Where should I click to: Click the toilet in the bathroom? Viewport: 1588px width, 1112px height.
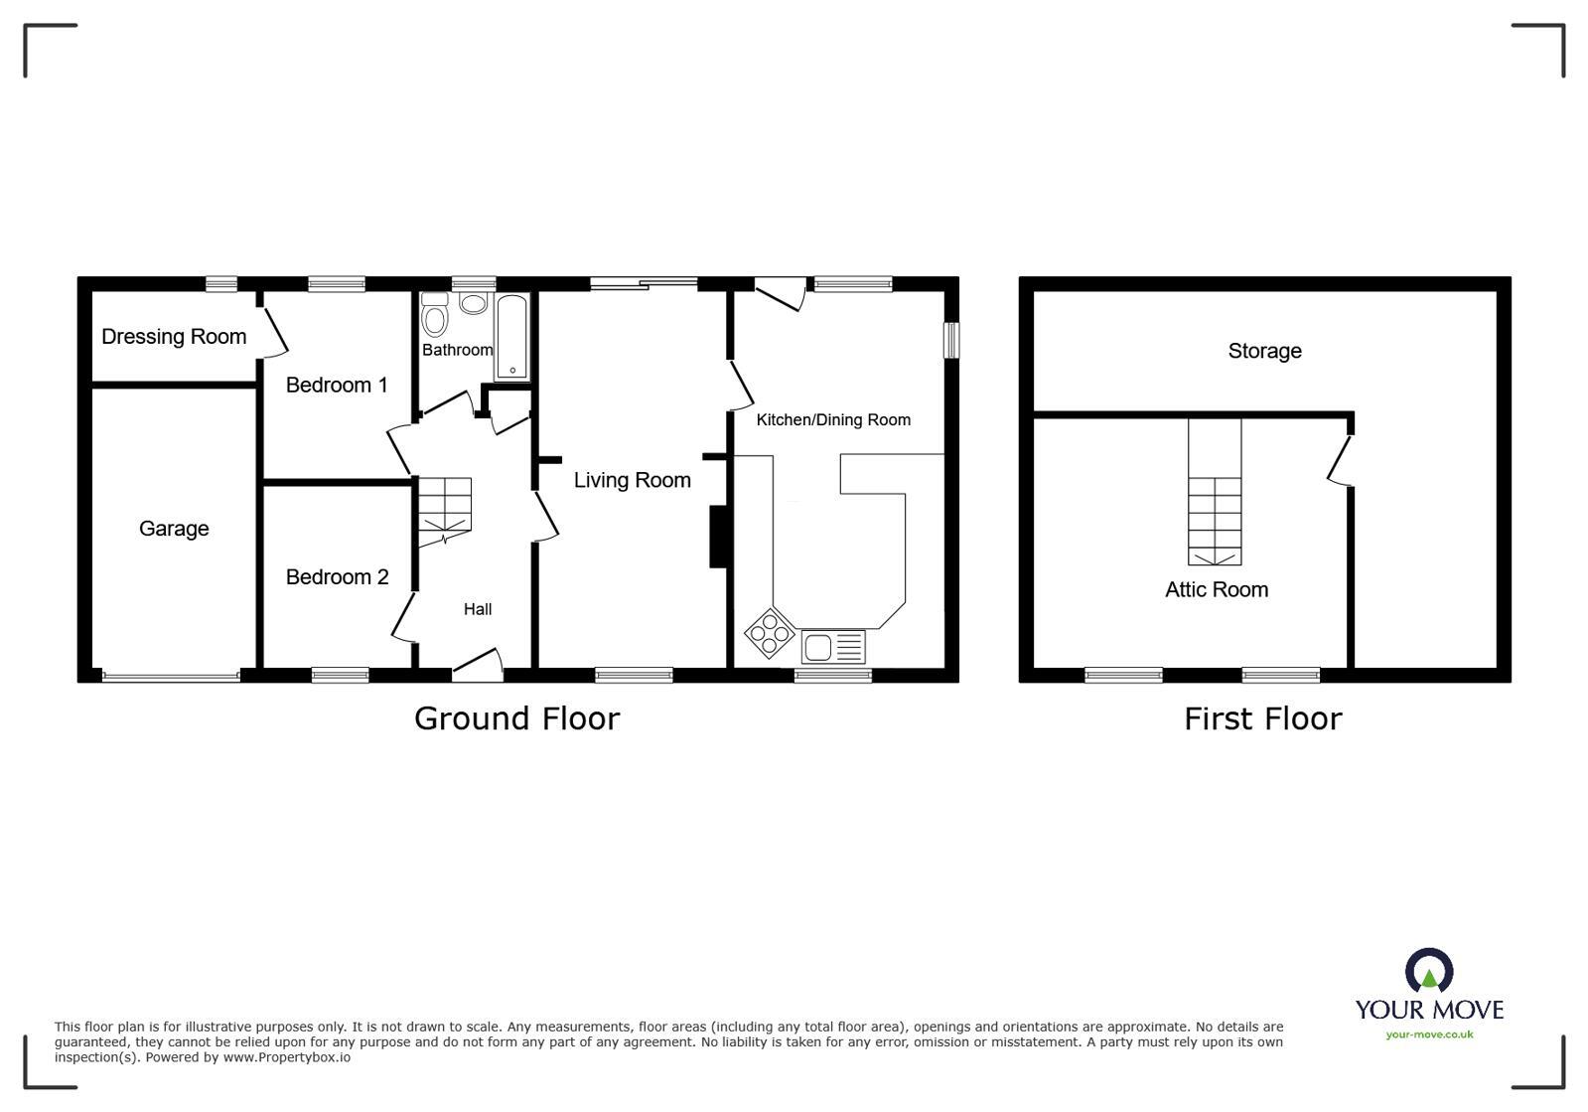pos(434,317)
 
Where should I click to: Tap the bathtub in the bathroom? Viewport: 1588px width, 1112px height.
pos(512,337)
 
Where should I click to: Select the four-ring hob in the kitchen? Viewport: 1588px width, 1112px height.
pos(770,633)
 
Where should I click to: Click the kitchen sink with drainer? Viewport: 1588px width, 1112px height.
pos(833,647)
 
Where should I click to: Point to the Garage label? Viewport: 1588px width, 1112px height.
pos(174,529)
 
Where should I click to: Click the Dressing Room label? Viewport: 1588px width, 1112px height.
pos(174,337)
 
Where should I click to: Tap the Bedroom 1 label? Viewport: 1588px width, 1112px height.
pos(337,385)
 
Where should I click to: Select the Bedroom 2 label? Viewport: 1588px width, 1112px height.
pos(337,577)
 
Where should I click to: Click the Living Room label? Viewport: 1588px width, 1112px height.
pos(633,481)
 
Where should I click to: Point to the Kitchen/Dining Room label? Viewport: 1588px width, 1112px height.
pos(833,419)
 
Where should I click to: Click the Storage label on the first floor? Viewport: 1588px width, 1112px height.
pos(1264,351)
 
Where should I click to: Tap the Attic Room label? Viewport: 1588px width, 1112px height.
pos(1217,590)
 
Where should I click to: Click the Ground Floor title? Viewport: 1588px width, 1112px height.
pos(516,718)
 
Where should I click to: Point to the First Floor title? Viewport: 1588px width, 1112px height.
pos(1262,718)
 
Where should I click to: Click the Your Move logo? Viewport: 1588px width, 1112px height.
pos(1429,994)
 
